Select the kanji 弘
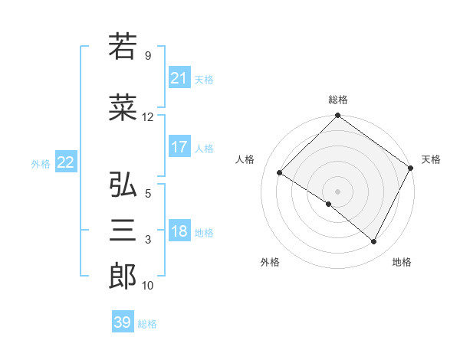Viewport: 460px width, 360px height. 123,185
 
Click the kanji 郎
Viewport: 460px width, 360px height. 123,277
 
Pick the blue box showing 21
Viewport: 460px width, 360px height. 179,78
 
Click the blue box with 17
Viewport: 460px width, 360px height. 179,147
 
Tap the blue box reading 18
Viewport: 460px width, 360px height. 179,231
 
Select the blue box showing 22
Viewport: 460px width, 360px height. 66,162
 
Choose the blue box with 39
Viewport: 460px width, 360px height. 123,322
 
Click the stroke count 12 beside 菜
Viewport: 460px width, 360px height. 148,117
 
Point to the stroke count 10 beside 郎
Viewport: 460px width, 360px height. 148,286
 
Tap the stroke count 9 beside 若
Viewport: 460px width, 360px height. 148,56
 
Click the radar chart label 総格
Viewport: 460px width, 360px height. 337,100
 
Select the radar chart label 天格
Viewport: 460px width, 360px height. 431,159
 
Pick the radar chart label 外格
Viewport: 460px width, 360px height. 270,262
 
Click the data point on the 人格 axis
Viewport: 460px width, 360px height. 280,173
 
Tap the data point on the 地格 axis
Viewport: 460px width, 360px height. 374,242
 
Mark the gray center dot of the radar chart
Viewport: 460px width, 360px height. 337,191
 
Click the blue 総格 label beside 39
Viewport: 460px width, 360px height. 147,324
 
